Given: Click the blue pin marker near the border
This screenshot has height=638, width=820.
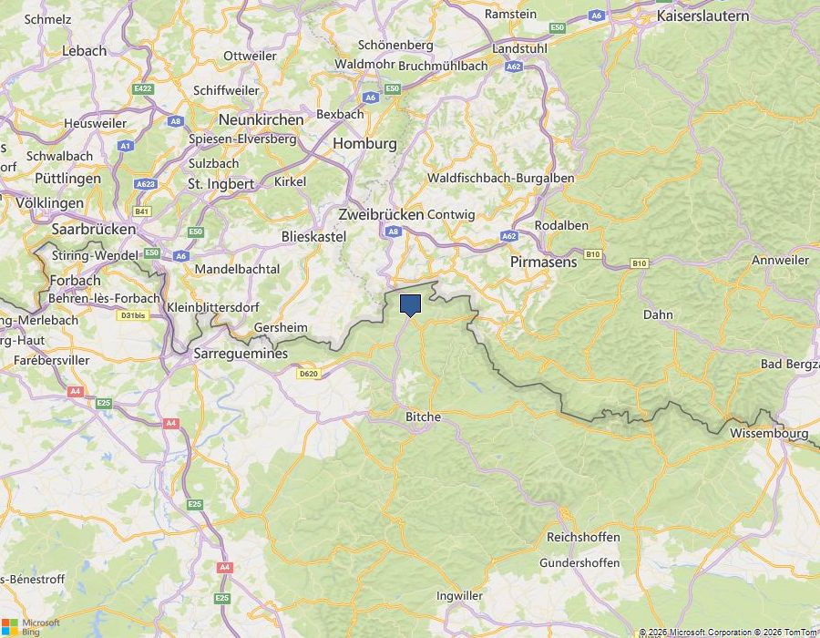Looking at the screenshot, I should pos(410,304).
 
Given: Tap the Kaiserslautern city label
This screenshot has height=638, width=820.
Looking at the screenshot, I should pos(702,15).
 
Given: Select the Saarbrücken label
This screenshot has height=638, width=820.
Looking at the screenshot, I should pos(94,229).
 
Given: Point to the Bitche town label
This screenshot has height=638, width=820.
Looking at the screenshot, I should pos(423,417).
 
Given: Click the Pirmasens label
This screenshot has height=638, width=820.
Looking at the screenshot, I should pos(543,262).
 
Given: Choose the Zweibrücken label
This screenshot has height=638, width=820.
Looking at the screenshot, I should pos(381,214).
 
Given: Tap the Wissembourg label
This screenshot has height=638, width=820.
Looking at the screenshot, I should pos(768,434).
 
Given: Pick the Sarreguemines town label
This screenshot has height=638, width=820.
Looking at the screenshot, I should pos(241,354).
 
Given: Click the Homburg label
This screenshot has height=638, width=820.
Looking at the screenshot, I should pos(364,143).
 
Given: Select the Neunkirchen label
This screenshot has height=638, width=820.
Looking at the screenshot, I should pos(261,119).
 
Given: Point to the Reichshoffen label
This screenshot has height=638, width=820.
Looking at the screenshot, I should pos(583,537).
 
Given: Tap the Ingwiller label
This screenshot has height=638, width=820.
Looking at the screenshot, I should pos(459,596).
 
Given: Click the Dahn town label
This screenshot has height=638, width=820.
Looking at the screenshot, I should pos(658,314).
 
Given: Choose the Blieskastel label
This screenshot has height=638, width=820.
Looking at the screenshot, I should pos(314,235).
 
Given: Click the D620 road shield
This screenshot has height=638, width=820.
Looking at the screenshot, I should pos(309,373).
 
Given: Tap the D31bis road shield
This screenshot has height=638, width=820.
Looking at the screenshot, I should pos(132,315).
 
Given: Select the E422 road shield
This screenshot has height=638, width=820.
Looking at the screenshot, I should pos(142,88).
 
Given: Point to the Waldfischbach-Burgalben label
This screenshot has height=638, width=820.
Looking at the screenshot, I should pos(501,178).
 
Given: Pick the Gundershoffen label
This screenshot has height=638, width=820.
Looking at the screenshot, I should pos(579,562).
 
